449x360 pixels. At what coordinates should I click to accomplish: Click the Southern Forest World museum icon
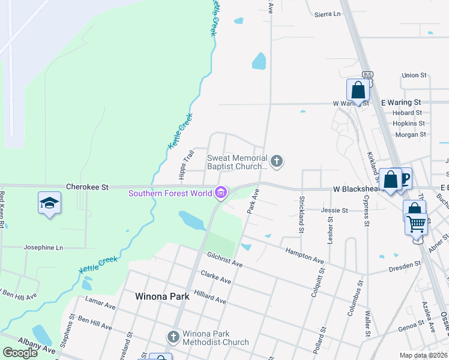coord(221,193)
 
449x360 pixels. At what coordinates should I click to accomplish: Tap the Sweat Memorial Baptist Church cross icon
coord(276,161)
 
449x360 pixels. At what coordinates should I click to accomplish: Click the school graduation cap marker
coord(49,203)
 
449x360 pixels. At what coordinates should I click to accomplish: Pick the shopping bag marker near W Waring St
coord(358,91)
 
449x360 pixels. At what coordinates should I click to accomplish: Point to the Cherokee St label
coord(87,187)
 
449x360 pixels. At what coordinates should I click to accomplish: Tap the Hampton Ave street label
coord(304,256)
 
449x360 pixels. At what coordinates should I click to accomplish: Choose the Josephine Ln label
coord(43,247)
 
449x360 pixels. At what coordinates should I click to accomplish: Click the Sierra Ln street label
coord(327,13)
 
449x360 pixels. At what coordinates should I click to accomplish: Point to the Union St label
coord(414,76)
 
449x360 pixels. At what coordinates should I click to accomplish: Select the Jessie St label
coord(334,211)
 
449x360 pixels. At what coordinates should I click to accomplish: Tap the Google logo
coord(20,352)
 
